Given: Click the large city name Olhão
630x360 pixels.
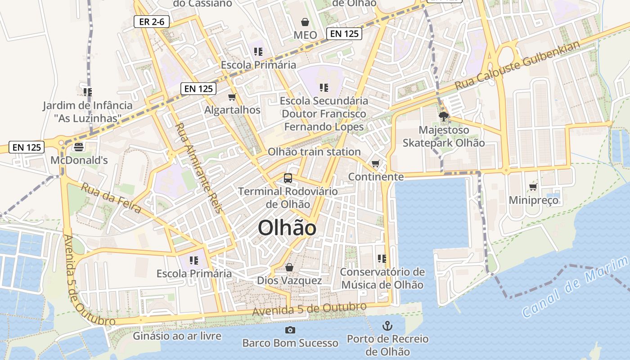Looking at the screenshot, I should tap(287, 228).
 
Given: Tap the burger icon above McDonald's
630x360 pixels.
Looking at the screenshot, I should tap(79, 147).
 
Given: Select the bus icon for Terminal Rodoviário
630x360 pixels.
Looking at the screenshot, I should tap(288, 178).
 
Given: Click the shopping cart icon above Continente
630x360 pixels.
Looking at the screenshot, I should tap(376, 163).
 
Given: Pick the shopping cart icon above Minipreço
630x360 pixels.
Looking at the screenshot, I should tap(533, 187).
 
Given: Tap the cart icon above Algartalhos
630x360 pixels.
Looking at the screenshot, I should tap(232, 97).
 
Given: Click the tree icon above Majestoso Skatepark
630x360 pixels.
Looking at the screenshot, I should tap(444, 117).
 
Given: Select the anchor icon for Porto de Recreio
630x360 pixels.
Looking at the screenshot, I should tap(387, 325).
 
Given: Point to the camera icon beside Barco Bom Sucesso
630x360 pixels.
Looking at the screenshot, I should tap(290, 330).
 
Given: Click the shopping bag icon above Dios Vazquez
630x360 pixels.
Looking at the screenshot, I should tap(289, 267).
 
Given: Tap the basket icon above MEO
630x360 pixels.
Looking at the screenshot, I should tap(305, 22).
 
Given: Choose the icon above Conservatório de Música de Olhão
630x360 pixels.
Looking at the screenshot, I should tap(382, 258).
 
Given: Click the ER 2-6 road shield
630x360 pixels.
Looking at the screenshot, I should tap(151, 22).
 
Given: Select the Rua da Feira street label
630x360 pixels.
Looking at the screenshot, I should tap(111, 198).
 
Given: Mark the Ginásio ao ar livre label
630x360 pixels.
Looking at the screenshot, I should tap(177, 336).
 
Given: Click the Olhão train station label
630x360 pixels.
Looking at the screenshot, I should tap(314, 152).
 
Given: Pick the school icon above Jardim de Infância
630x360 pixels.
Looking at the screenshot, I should tap(88, 92).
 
